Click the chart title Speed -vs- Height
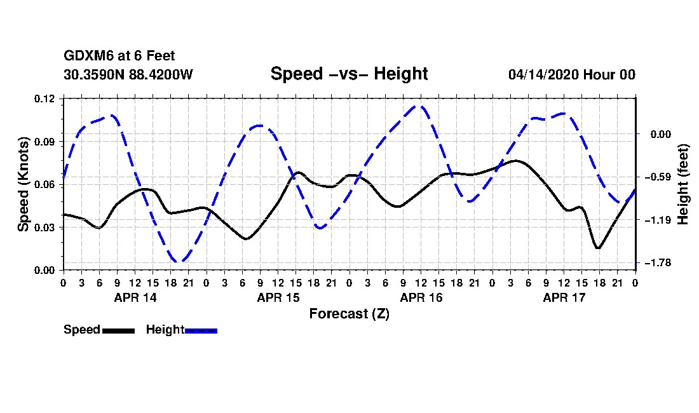pos(349,74)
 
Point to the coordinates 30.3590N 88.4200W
pos(128,74)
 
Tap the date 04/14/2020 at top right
pos(543,74)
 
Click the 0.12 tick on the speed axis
pos(44,98)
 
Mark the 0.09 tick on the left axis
pos(44,142)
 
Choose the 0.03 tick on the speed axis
pos(44,227)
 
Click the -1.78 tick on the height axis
pos(658,263)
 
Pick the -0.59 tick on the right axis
pos(658,177)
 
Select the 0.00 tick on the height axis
pos(661,134)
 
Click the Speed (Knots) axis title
pos(23,184)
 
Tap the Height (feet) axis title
pos(682,184)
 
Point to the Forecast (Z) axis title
pos(349,314)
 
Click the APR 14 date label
pos(135,297)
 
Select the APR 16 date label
pos(421,297)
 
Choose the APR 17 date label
pos(564,297)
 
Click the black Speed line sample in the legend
pos(119,330)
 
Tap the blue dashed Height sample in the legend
pos(201,330)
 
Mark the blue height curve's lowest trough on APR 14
pos(179,261)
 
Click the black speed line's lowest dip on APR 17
pos(598,247)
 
